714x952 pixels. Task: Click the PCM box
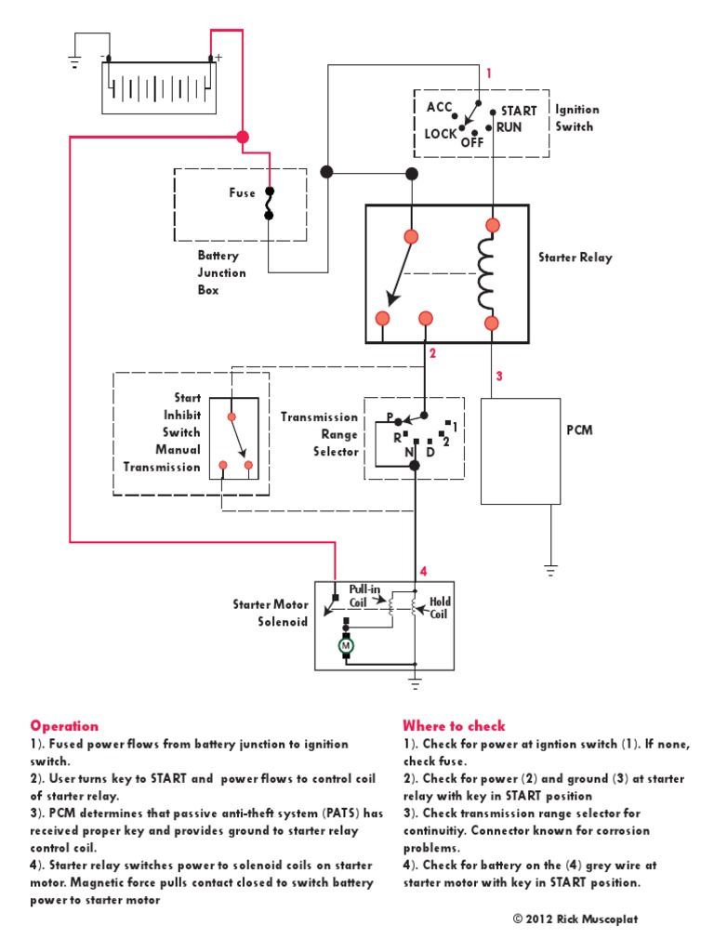pos(521,451)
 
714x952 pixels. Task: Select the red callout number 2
pos(432,352)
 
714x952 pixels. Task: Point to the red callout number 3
pos(499,377)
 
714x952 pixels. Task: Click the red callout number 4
pos(423,572)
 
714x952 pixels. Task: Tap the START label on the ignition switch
pos(519,111)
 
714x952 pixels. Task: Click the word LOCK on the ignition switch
pos(441,134)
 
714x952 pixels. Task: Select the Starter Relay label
pos(575,258)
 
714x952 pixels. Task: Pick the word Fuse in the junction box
pos(243,193)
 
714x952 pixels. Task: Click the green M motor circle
pos(346,644)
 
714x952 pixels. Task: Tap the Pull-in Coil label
pos(364,596)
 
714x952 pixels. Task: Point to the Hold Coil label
pos(440,608)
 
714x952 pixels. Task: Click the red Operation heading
pos(64,726)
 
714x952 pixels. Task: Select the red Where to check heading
pos(454,726)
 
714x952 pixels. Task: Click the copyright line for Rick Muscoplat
pos(575,919)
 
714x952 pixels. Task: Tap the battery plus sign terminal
pos(218,58)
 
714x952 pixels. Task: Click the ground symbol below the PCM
pos(550,568)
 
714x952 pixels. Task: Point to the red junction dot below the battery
pos(243,137)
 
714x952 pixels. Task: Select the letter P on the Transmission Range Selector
pos(390,416)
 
